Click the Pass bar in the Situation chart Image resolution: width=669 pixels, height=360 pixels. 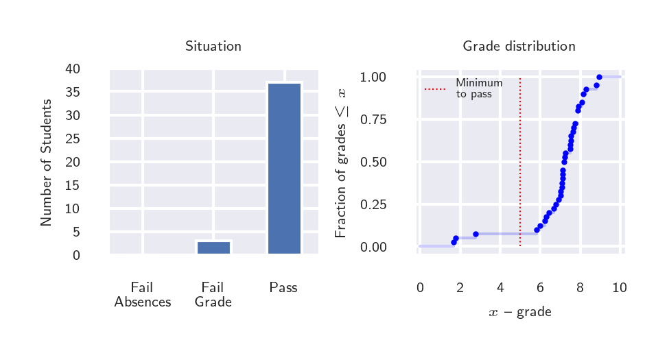tap(284, 168)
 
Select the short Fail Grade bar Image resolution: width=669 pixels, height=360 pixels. tap(213, 248)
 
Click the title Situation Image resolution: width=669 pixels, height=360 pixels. tap(213, 47)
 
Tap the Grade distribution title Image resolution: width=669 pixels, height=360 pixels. tap(519, 47)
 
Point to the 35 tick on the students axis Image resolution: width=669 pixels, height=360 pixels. tap(72, 93)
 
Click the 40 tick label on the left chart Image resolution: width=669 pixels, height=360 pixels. tap(72, 69)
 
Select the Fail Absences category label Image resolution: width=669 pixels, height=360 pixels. tap(142, 295)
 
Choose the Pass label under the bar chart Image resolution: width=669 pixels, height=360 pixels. tap(283, 288)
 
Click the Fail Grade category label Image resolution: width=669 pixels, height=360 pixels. tap(213, 295)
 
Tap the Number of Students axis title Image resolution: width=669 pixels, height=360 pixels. tap(47, 163)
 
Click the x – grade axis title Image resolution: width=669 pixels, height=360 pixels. tap(520, 313)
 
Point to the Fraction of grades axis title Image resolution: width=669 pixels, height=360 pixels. tap(341, 163)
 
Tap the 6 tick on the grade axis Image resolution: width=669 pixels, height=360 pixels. tap(540, 288)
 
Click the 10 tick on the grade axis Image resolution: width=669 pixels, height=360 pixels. tap(619, 288)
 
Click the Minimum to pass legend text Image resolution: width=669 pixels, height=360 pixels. tap(479, 88)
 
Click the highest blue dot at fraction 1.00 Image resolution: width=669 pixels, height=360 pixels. tap(599, 77)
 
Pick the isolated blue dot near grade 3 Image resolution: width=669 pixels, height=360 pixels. tap(476, 235)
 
